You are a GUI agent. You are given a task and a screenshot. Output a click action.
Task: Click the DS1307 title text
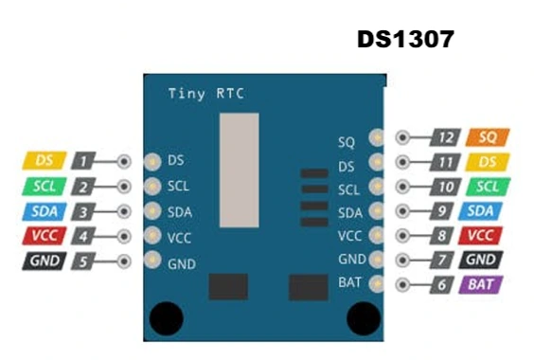[x=406, y=39]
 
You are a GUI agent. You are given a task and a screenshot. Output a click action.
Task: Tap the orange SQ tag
[x=489, y=138]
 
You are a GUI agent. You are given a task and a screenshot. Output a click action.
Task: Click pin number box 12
[x=446, y=138]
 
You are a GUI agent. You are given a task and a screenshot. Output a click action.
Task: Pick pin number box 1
[x=85, y=161]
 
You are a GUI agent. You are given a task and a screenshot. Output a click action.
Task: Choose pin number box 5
[x=85, y=260]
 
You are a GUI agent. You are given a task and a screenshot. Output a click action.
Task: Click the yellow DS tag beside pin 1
[x=44, y=161]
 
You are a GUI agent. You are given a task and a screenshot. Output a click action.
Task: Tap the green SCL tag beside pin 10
[x=487, y=187]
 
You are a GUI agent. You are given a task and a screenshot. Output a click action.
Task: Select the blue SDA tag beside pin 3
[x=44, y=210]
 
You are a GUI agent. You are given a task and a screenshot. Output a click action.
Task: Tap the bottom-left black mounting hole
[x=168, y=316]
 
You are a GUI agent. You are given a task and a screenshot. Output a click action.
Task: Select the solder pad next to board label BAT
[x=376, y=283]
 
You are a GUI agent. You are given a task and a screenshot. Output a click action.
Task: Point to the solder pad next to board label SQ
[x=376, y=138]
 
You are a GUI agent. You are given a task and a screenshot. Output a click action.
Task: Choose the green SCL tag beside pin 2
[x=44, y=186]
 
